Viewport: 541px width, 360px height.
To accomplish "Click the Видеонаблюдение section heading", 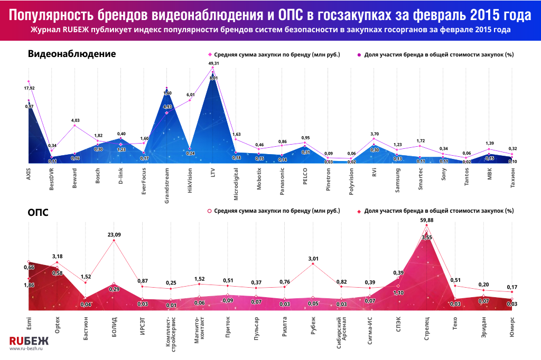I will (x=72, y=54).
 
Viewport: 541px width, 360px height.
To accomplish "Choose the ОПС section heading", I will (x=40, y=212).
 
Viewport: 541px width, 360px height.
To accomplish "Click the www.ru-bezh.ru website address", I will (x=26, y=349).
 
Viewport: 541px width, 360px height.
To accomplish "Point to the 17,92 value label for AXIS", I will (x=29, y=88).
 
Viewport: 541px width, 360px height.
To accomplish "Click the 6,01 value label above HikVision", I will (x=190, y=95).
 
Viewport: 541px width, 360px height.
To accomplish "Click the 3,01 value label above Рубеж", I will (x=313, y=259).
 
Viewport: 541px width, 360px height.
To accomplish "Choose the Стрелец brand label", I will (x=426, y=329).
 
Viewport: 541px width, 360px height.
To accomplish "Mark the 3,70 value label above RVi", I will (x=374, y=135).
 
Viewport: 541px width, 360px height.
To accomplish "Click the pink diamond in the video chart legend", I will (x=210, y=54).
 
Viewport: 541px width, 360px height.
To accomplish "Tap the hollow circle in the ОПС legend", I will (x=209, y=211).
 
